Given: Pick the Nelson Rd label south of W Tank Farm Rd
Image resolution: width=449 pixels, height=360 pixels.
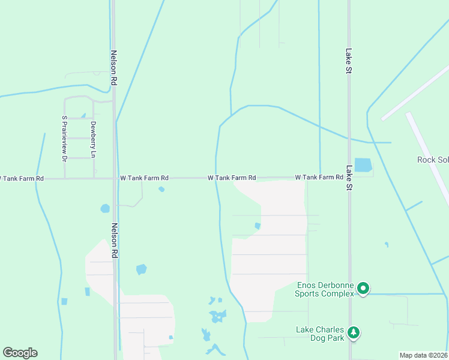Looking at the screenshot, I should click(x=113, y=241).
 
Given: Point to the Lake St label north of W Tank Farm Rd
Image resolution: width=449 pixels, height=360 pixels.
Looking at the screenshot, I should click(x=348, y=61).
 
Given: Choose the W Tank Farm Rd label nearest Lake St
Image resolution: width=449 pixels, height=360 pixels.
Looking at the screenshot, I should click(x=319, y=178).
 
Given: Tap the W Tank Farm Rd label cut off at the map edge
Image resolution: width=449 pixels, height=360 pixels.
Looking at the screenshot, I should click(x=22, y=178).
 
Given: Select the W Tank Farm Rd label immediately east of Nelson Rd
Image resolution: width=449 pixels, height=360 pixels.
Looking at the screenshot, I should click(x=144, y=178).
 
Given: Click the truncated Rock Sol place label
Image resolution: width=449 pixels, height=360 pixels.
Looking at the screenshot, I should click(x=433, y=160).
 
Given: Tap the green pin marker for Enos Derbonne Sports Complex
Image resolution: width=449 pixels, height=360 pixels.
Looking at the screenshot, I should click(x=363, y=289).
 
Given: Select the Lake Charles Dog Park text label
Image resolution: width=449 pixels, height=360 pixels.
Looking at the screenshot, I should click(x=320, y=334).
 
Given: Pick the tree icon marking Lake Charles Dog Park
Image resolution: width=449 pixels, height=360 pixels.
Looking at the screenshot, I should click(x=354, y=332).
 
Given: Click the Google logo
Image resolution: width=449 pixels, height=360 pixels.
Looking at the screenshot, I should click(x=20, y=353).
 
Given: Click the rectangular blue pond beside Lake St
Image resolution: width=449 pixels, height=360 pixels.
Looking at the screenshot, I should click(x=363, y=164).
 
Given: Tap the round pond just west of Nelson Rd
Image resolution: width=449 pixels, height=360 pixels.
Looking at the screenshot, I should click(x=105, y=209).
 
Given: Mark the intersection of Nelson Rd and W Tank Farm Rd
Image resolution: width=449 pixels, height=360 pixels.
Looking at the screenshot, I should click(x=114, y=178).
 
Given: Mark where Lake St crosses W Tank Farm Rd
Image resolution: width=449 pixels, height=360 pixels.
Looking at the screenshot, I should click(x=349, y=178).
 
